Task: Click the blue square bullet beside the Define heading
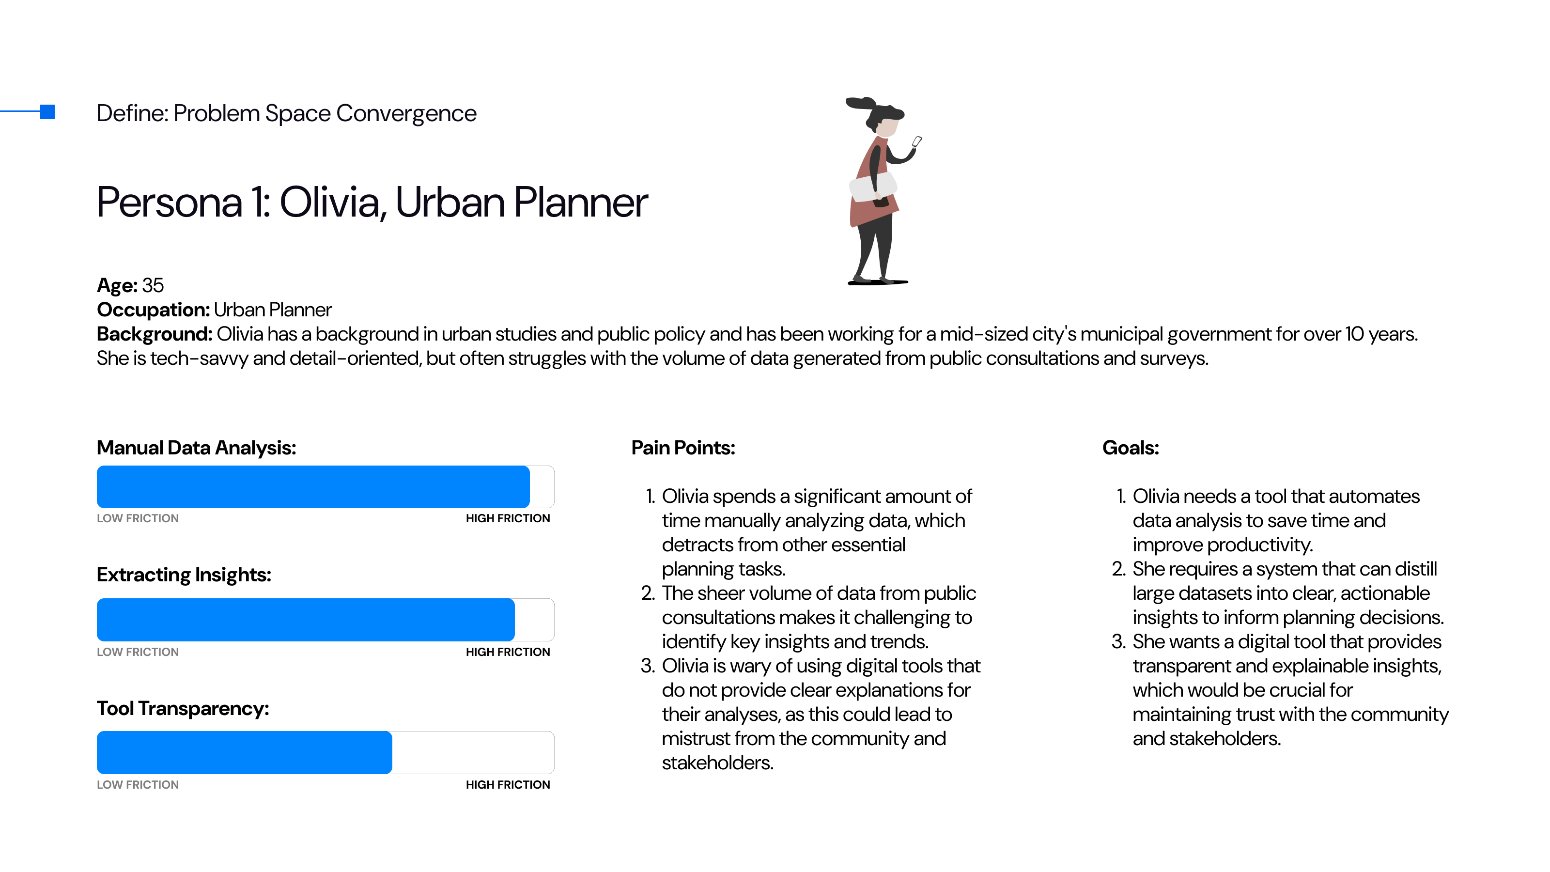(x=47, y=112)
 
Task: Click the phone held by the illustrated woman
(x=916, y=142)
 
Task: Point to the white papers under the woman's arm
(x=871, y=187)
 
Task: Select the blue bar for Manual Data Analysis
(x=313, y=487)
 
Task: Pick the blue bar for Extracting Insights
(x=306, y=620)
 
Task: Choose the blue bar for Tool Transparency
(x=244, y=752)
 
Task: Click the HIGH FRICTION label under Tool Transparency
(x=507, y=785)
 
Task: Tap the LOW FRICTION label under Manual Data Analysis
(x=138, y=518)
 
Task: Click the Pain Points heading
(x=683, y=448)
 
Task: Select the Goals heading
(x=1130, y=448)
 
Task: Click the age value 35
(x=153, y=285)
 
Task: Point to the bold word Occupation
(x=153, y=310)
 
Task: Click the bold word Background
(x=154, y=334)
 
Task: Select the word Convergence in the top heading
(x=406, y=113)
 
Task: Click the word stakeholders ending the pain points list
(x=717, y=763)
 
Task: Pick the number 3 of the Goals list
(x=1118, y=641)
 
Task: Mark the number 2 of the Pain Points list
(x=648, y=593)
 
